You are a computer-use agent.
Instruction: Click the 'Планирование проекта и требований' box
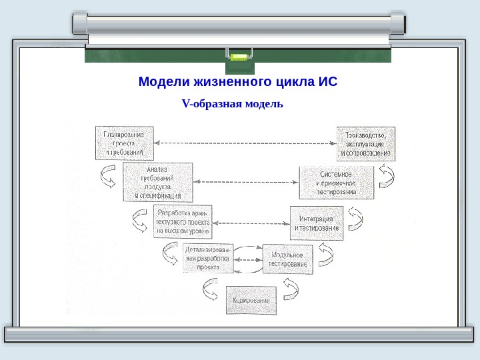click(124, 143)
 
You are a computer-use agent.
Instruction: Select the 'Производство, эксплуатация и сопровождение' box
click(365, 143)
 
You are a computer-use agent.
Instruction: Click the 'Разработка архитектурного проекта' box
click(183, 221)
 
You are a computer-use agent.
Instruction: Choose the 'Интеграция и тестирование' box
click(317, 223)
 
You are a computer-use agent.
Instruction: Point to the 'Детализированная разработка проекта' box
click(208, 257)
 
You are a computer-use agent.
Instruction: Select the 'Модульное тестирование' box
click(288, 259)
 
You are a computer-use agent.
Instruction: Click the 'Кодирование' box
click(251, 300)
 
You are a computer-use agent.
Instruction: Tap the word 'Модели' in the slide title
click(163, 83)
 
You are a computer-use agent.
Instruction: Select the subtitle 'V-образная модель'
click(233, 104)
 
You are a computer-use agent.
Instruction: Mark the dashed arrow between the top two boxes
click(245, 143)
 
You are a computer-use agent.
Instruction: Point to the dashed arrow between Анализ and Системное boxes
click(245, 181)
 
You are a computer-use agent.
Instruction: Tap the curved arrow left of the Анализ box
click(108, 177)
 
